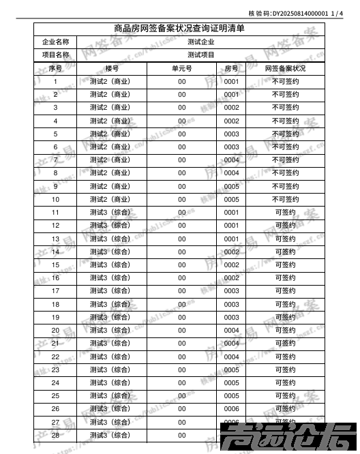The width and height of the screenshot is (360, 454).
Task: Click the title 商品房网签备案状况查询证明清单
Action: coord(180,29)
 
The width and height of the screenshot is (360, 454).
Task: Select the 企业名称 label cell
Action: coord(55,42)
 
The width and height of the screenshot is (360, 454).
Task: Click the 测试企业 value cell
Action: coord(200,42)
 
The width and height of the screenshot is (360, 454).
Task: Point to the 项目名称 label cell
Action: coord(55,55)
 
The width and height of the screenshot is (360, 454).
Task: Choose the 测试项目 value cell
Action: coord(200,55)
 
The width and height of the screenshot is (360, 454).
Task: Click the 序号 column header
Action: coord(55,69)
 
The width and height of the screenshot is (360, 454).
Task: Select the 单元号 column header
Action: coord(181,69)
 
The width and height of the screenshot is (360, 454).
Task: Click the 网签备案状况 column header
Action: coord(285,69)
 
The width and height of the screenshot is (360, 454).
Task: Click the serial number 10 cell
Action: coord(55,200)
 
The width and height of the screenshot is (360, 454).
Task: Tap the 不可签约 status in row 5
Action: coord(285,134)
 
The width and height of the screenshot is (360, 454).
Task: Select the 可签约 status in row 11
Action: coord(285,213)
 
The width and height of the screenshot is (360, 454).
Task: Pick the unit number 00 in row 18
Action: coord(181,304)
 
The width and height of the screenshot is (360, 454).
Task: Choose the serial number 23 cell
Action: coord(55,369)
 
